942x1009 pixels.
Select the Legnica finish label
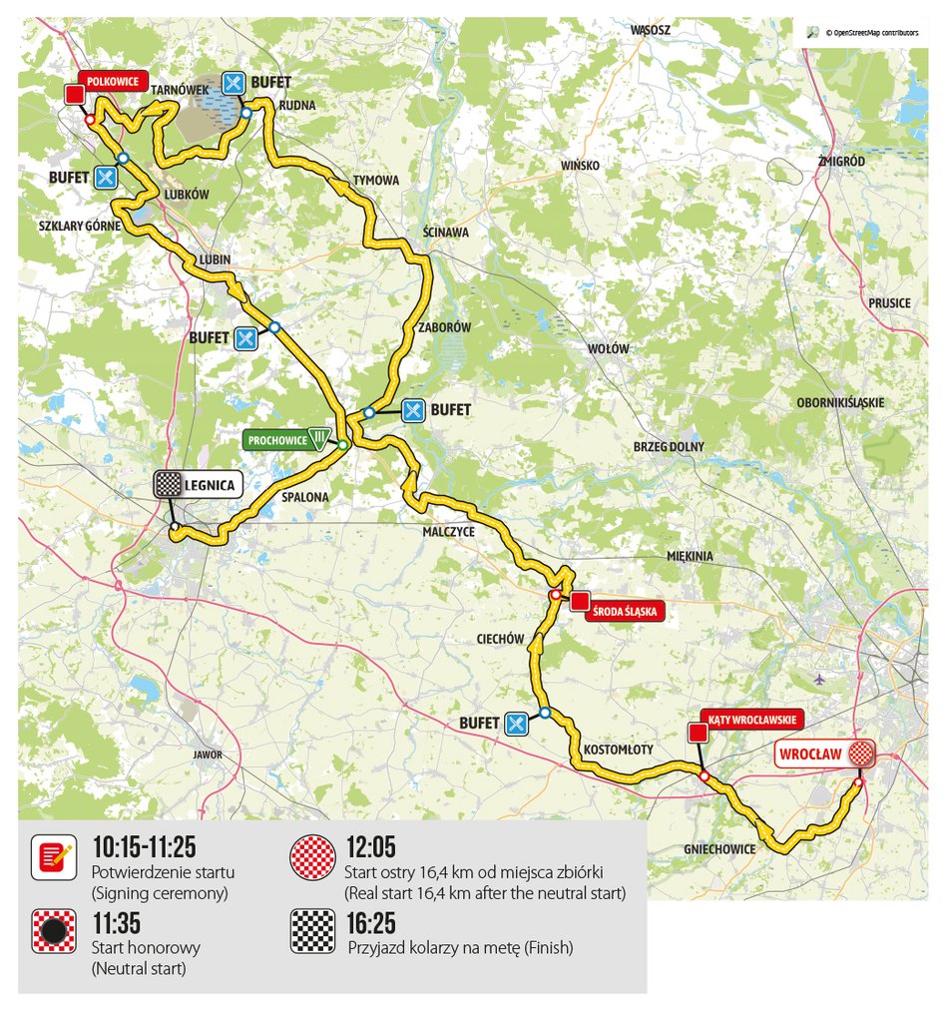pyautogui.click(x=211, y=486)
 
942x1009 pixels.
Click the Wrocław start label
pyautogui.click(x=813, y=754)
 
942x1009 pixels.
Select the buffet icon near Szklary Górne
pyautogui.click(x=106, y=178)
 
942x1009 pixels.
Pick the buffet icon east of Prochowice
pyautogui.click(x=414, y=409)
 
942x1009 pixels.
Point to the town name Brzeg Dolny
pyautogui.click(x=669, y=446)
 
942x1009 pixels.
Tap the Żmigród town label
pyautogui.click(x=840, y=161)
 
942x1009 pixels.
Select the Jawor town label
pyautogui.click(x=209, y=755)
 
